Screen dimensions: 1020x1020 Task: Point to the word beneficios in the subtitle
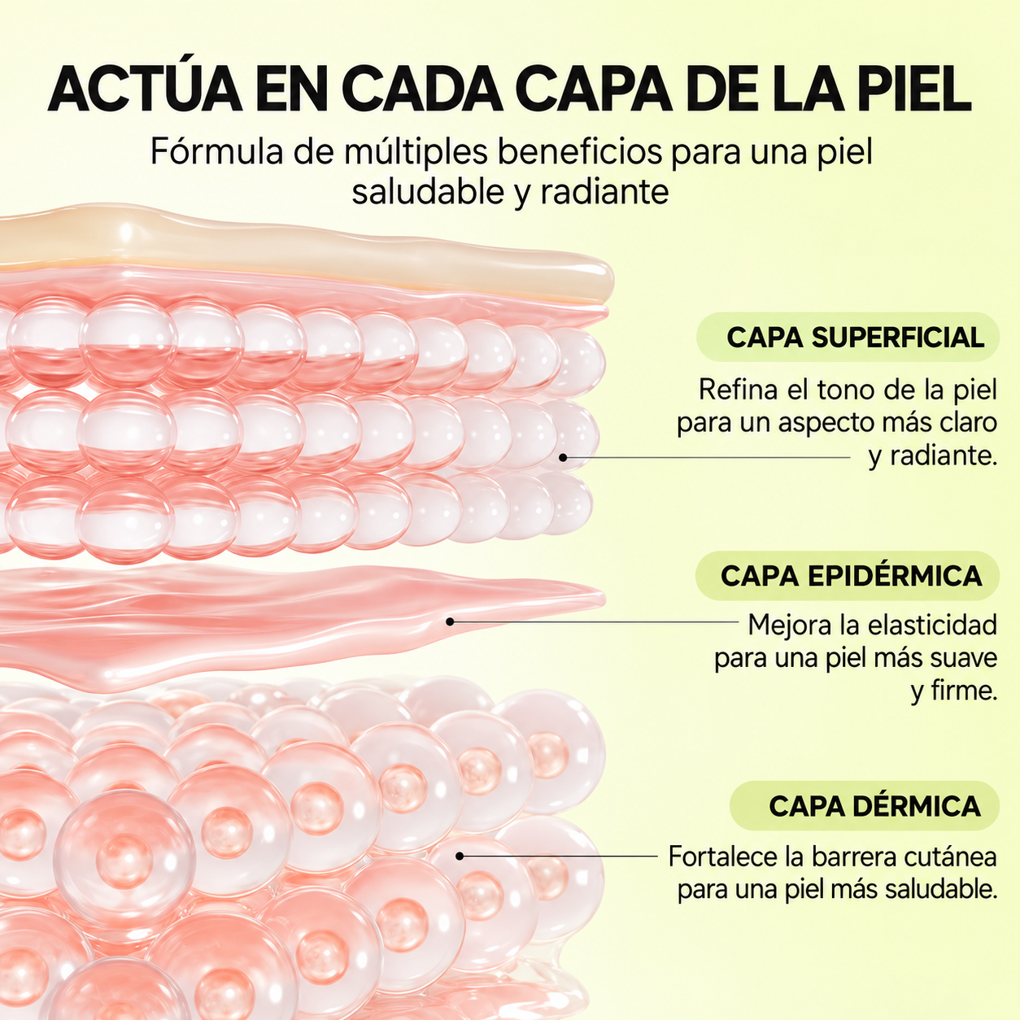pyautogui.click(x=580, y=152)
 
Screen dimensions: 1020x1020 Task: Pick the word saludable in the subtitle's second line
pyautogui.click(x=428, y=192)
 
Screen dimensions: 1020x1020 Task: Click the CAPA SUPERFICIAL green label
pyautogui.click(x=848, y=338)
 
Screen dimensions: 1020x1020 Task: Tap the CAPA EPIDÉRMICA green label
pyautogui.click(x=847, y=576)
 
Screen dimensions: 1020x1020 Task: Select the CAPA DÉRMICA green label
pyautogui.click(x=865, y=806)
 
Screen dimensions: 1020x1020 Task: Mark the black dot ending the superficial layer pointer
pyautogui.click(x=563, y=457)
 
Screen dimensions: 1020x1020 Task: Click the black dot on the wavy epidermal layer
pyautogui.click(x=450, y=622)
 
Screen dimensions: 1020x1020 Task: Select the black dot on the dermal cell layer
pyautogui.click(x=460, y=856)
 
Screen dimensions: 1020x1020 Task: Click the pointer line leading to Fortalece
pyautogui.click(x=559, y=856)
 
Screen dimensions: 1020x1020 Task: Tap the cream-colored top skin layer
pyautogui.click(x=317, y=254)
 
